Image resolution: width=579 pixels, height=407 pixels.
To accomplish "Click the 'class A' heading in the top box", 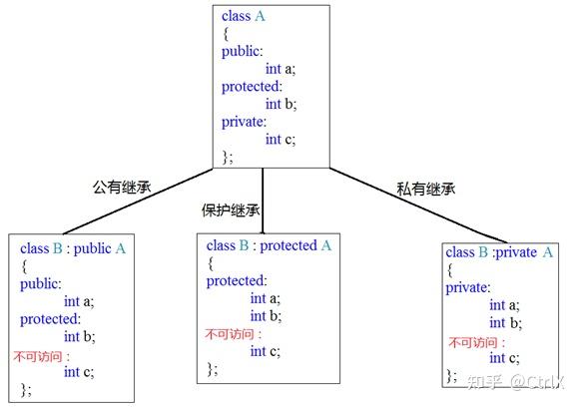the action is click(244, 16).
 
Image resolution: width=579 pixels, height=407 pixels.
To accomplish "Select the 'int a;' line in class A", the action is click(281, 69).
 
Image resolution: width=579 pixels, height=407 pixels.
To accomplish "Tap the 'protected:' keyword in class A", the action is click(252, 87).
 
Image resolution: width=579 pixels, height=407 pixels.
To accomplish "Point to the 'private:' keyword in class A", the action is click(244, 122).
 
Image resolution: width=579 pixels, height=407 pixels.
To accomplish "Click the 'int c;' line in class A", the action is click(281, 140).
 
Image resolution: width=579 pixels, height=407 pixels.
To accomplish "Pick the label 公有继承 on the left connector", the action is click(122, 188).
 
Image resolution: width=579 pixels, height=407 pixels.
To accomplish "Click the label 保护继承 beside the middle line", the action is click(231, 210).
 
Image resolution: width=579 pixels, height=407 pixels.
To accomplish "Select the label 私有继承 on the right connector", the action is click(425, 189).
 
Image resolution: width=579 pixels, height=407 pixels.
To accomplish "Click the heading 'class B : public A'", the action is click(73, 248).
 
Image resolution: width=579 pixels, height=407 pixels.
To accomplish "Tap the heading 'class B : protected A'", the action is click(269, 245).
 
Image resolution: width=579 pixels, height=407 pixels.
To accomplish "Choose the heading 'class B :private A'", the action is click(499, 252).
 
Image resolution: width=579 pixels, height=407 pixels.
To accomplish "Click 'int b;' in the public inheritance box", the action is click(80, 337).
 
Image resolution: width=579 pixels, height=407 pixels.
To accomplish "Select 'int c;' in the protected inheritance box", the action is click(266, 351).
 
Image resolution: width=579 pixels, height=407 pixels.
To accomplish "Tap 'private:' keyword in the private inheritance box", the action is click(468, 288).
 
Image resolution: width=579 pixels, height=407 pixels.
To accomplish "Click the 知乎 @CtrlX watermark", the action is click(516, 382).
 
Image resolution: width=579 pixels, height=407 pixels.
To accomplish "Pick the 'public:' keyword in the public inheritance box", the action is click(41, 284).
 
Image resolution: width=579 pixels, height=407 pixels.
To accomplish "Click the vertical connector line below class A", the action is click(263, 201).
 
